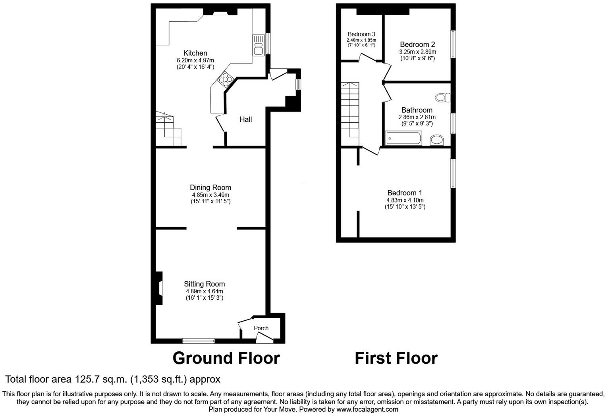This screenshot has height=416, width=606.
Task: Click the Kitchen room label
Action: point(195,53)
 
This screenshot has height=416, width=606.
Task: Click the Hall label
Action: point(245,119)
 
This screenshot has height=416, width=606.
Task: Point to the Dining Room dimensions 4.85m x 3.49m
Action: point(210,195)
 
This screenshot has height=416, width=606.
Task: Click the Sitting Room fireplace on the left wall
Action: point(159,288)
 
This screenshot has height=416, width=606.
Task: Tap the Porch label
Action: point(261,328)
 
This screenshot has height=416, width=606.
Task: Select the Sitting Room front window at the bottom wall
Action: point(199,341)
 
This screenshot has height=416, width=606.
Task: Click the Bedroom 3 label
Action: point(361,34)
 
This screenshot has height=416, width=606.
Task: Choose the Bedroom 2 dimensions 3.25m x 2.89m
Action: point(417,52)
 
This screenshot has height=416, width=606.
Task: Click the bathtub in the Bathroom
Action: point(403,139)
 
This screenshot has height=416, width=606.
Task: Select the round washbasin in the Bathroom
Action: point(437,140)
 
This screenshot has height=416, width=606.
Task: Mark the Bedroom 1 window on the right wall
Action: point(453,173)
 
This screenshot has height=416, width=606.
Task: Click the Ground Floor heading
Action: point(226,358)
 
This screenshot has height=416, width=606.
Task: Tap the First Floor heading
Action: point(396,358)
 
